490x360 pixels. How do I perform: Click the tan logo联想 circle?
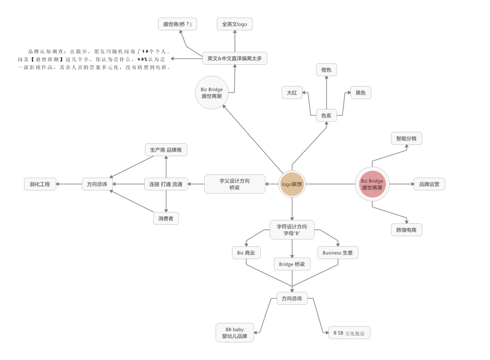click(292, 184)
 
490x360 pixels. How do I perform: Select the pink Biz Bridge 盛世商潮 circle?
click(372, 184)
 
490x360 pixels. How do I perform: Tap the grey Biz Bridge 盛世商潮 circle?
click(211, 93)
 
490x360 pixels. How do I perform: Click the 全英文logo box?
click(234, 25)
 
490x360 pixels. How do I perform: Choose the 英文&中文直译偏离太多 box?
click(234, 58)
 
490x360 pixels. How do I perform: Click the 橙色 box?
click(326, 70)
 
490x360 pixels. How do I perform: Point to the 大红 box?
click(292, 92)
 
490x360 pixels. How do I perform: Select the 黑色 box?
click(360, 92)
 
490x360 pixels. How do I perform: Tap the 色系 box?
click(326, 116)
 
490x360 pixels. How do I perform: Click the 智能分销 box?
click(406, 139)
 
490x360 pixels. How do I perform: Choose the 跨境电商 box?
click(406, 229)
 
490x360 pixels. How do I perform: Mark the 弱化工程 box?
click(40, 184)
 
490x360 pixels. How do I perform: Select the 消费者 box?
click(166, 218)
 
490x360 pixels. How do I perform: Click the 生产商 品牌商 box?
click(166, 149)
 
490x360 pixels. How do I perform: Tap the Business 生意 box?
click(337, 253)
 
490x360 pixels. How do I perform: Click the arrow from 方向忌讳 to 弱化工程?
click(70, 184)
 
